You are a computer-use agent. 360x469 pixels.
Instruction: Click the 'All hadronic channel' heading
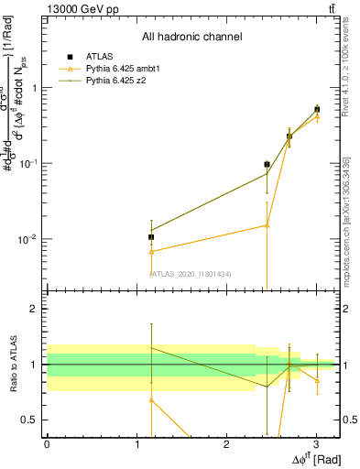[x=191, y=38]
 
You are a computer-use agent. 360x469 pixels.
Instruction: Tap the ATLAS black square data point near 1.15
[x=151, y=237]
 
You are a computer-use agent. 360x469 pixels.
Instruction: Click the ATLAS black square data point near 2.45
[x=267, y=165]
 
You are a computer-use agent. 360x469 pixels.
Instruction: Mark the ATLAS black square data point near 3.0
[x=317, y=109]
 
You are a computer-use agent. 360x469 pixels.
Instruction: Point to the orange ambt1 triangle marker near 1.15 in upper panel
[x=151, y=251]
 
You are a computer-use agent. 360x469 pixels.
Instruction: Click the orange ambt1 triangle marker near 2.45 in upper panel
[x=267, y=224]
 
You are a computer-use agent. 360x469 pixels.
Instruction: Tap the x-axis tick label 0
[x=47, y=443]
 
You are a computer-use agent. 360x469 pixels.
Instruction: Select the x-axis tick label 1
[x=136, y=443]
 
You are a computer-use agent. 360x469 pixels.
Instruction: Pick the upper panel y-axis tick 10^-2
[x=28, y=239]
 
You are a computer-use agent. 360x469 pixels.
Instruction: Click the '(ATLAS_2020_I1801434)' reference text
[x=191, y=274]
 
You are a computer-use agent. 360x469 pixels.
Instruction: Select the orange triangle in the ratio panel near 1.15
[x=151, y=400]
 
